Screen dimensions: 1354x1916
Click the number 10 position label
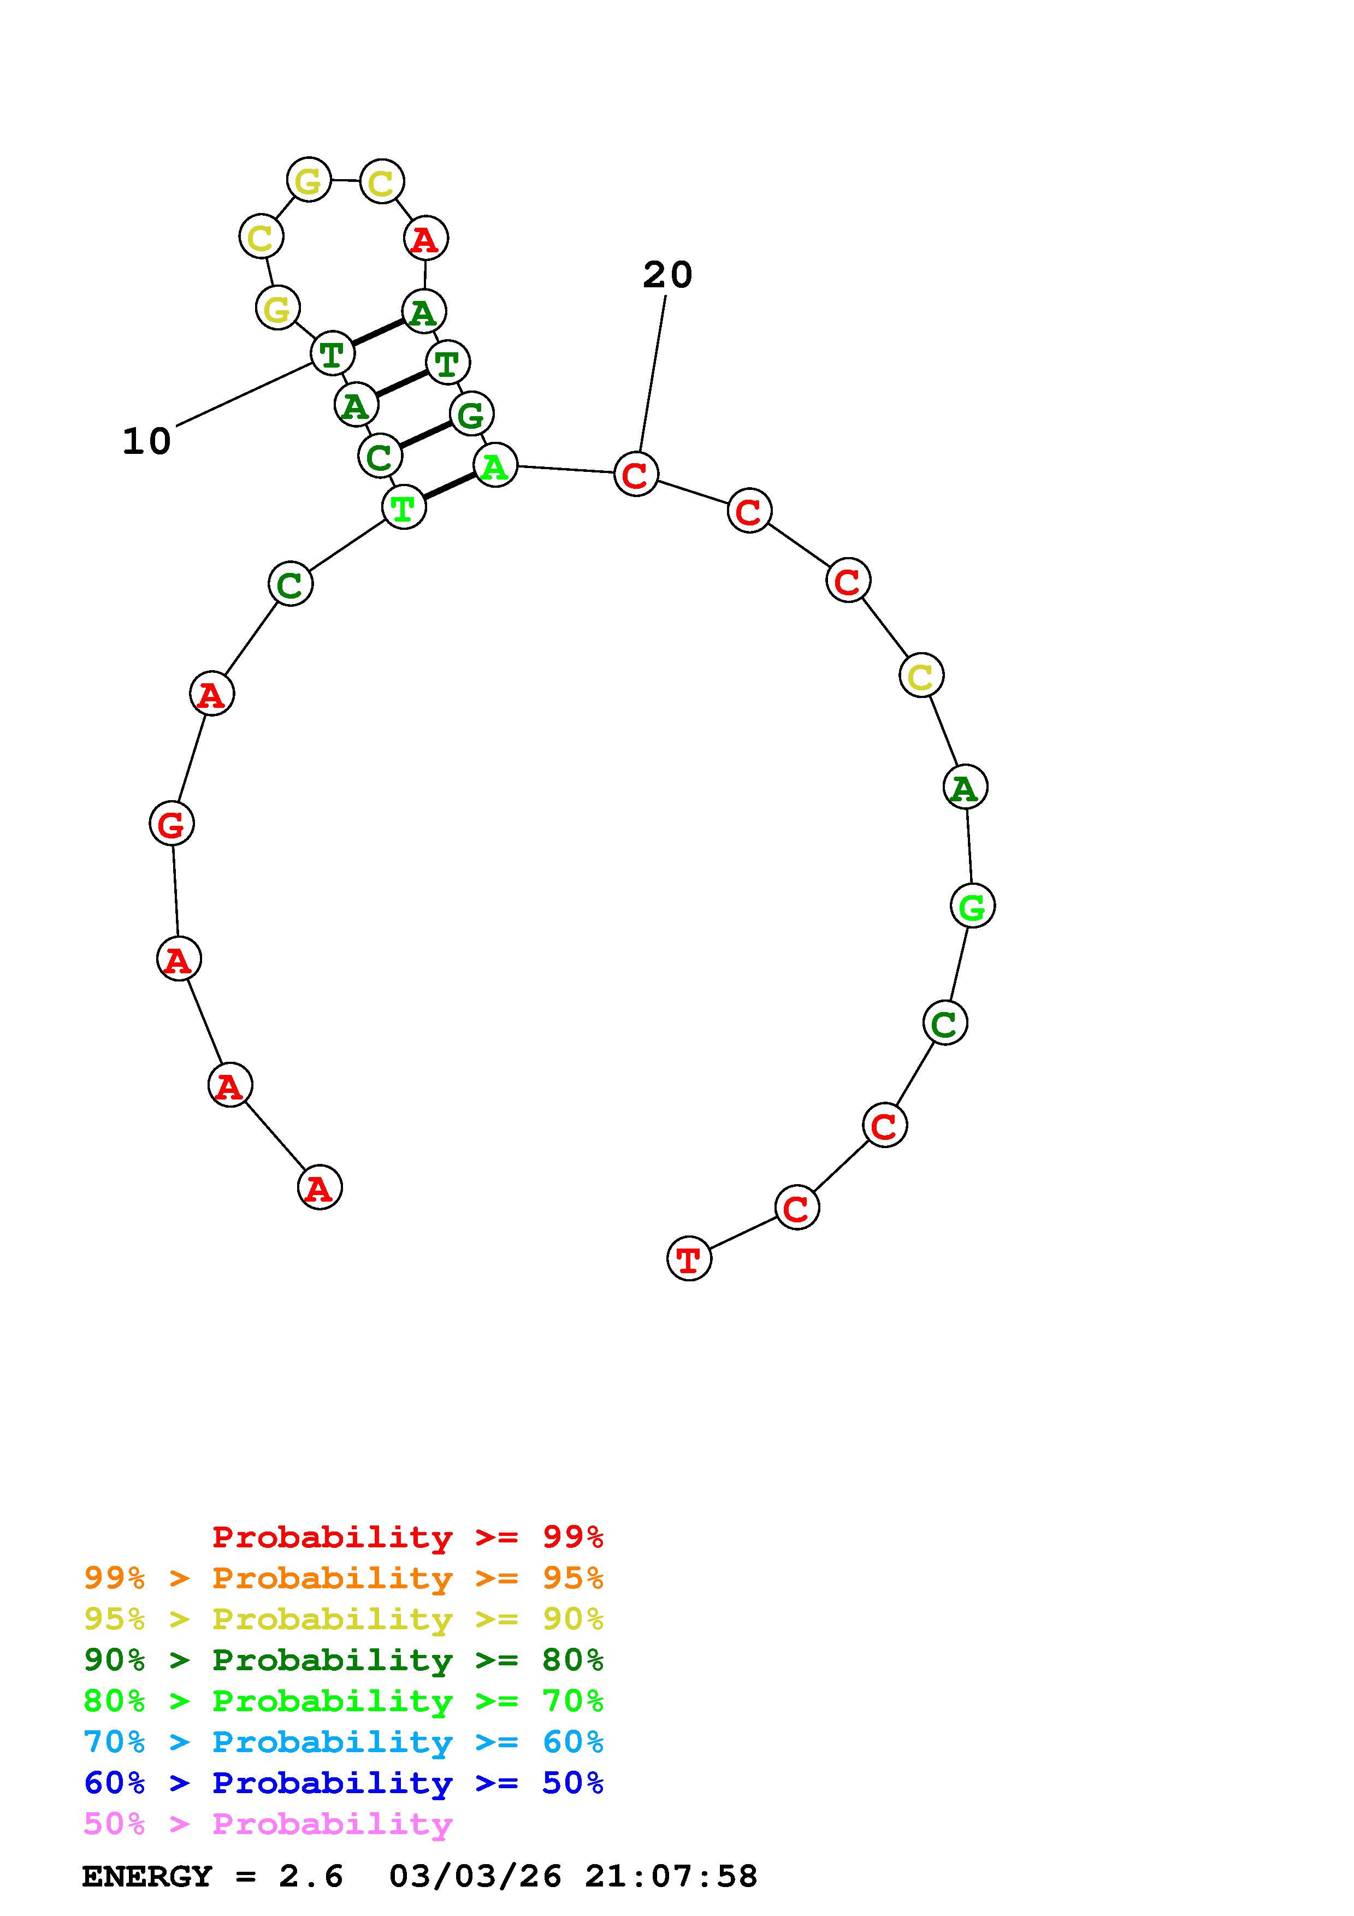[147, 441]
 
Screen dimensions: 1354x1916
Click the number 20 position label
[667, 275]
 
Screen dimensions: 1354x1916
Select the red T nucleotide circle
[689, 1259]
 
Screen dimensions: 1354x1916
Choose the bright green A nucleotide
[495, 466]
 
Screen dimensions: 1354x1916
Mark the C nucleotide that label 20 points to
[636, 474]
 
